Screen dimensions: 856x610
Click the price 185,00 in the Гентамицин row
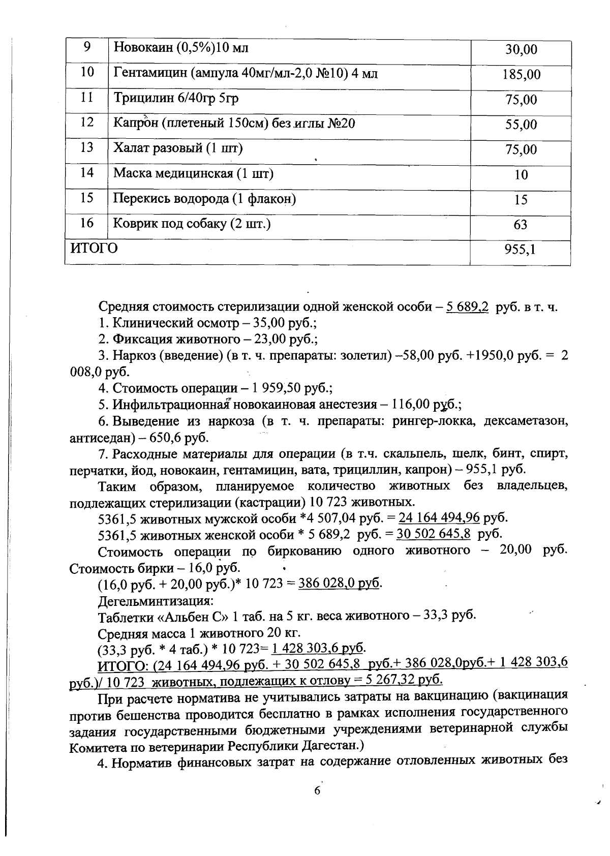521,75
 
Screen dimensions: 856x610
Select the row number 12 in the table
87,123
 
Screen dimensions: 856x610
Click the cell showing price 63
521,225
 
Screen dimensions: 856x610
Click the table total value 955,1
521,250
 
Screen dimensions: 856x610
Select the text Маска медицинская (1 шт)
193,173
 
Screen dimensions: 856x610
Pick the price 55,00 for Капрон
521,125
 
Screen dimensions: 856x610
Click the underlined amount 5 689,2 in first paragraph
467,307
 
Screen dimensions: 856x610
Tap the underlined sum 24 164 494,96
439,518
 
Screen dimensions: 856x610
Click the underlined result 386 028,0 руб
339,583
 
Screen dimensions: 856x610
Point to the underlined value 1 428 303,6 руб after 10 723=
318,649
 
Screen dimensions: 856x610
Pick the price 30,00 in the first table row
521,50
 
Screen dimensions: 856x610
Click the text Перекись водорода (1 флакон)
204,198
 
